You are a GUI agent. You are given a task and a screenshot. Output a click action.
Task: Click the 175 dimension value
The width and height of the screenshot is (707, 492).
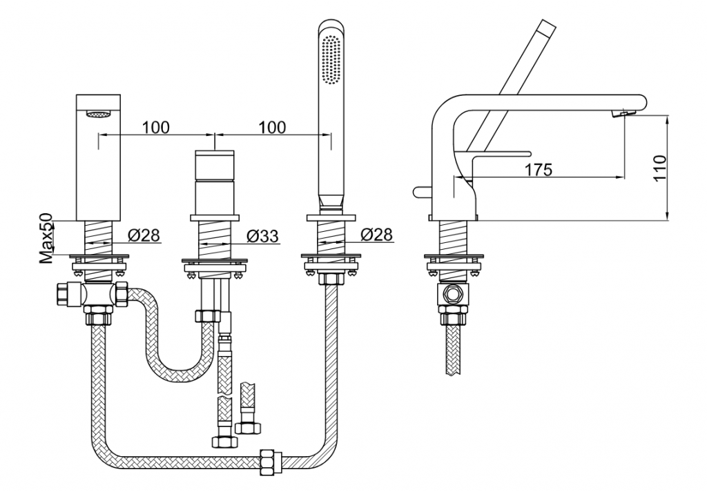(x=539, y=170)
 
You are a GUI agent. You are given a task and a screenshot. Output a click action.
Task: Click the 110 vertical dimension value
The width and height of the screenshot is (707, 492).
(x=659, y=168)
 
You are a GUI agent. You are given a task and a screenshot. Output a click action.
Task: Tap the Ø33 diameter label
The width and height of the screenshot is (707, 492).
(x=263, y=235)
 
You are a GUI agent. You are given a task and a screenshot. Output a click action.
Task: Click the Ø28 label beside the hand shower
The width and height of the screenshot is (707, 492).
(x=377, y=235)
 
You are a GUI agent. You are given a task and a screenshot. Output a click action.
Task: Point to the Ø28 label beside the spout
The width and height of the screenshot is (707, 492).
(x=144, y=235)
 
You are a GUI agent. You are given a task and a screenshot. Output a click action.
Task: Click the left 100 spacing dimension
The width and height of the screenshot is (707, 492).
(x=156, y=128)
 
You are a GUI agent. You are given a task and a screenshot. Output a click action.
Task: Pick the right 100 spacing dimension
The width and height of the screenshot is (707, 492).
(x=272, y=128)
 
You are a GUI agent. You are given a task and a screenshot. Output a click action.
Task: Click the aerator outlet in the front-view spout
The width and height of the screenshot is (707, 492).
(x=98, y=115)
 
